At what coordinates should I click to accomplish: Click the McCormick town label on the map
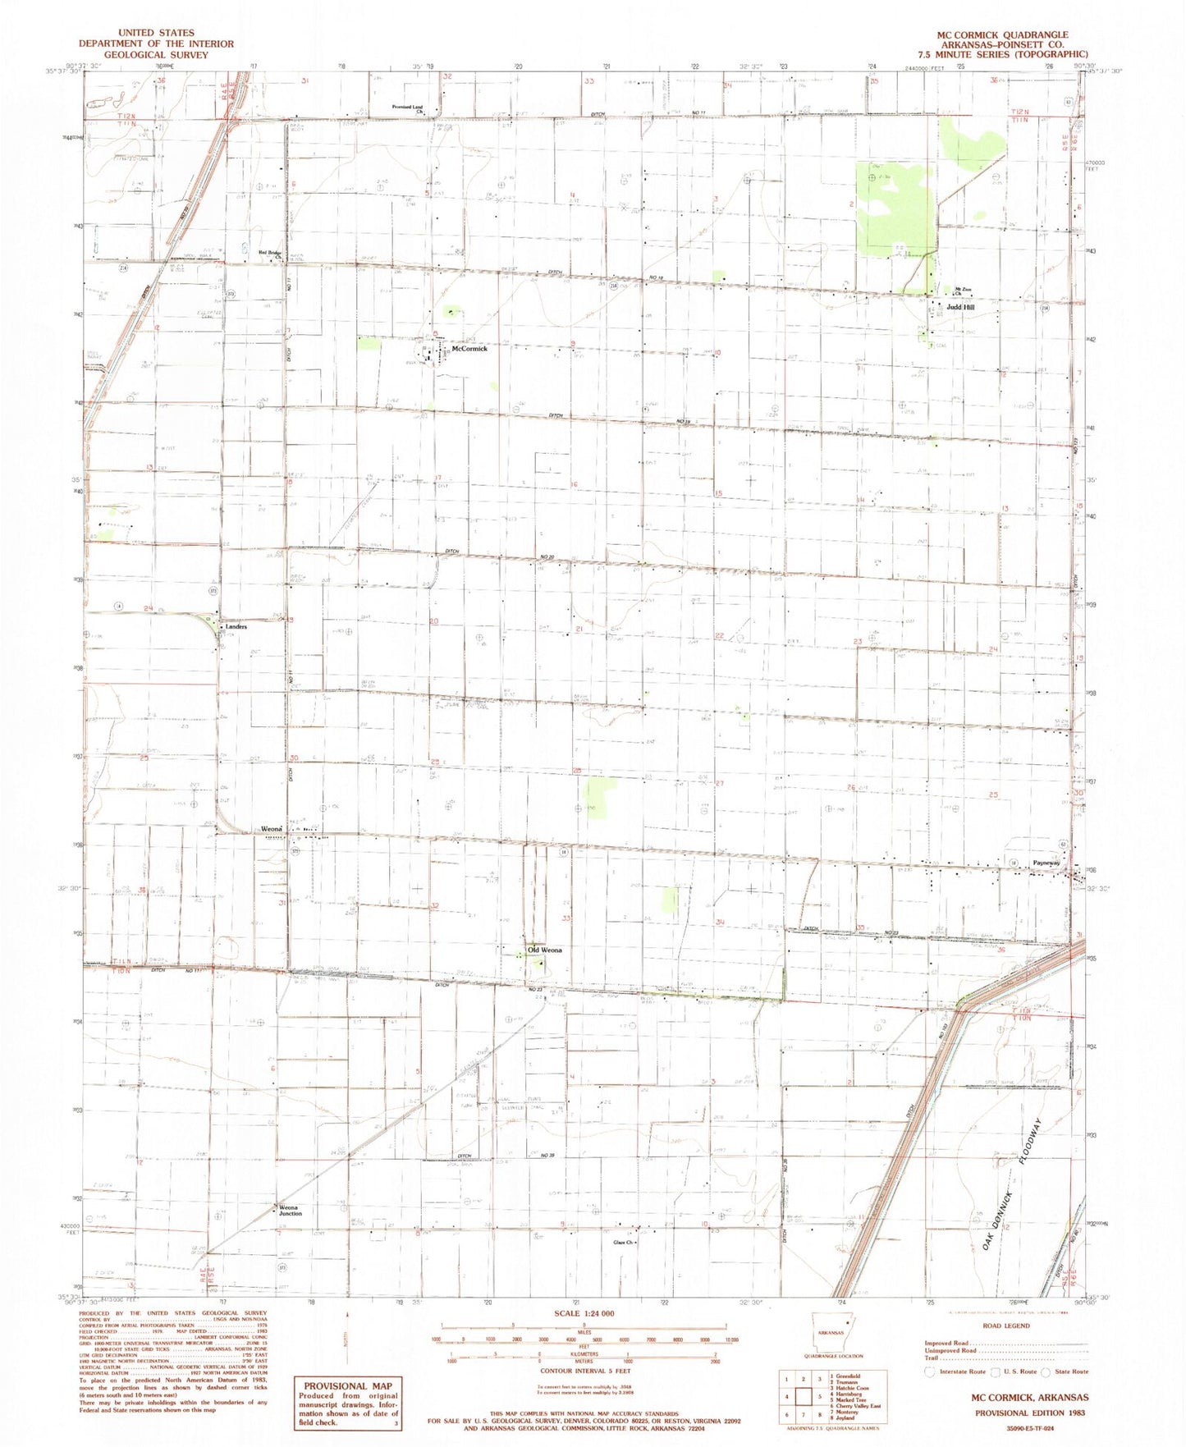(x=469, y=349)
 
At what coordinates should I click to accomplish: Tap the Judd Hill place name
(x=960, y=307)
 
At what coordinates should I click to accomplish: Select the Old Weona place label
(x=545, y=950)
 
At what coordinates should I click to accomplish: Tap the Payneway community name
(x=1047, y=863)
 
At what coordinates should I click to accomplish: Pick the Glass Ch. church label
(x=625, y=1242)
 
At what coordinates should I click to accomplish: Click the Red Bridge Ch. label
(x=271, y=254)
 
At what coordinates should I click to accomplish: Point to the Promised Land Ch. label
(x=408, y=108)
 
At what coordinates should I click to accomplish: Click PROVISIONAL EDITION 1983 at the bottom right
(x=1031, y=1413)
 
